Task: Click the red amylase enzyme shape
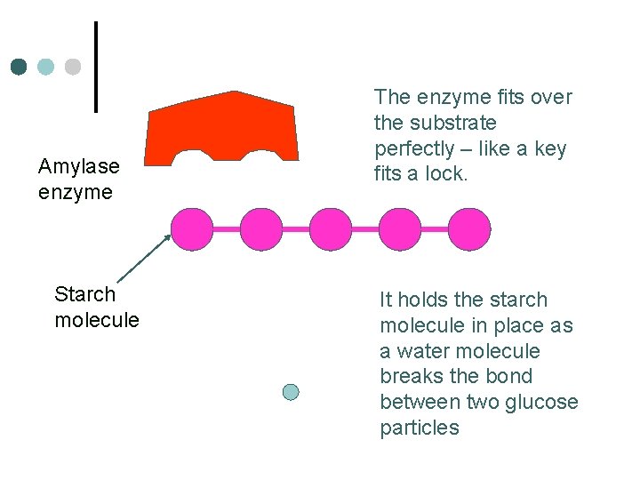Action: [x=222, y=124]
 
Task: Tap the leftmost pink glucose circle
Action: [x=192, y=229]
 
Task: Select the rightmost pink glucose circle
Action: [x=468, y=229]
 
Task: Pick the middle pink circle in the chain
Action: [x=331, y=229]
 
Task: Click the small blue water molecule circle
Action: [x=291, y=391]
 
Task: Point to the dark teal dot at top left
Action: [x=20, y=67]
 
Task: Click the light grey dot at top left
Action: [x=73, y=67]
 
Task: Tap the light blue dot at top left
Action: [x=46, y=67]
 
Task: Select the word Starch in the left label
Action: [x=84, y=294]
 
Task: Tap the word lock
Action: [x=449, y=174]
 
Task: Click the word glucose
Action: [x=540, y=402]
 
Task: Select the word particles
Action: [x=420, y=428]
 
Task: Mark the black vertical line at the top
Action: [x=96, y=67]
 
